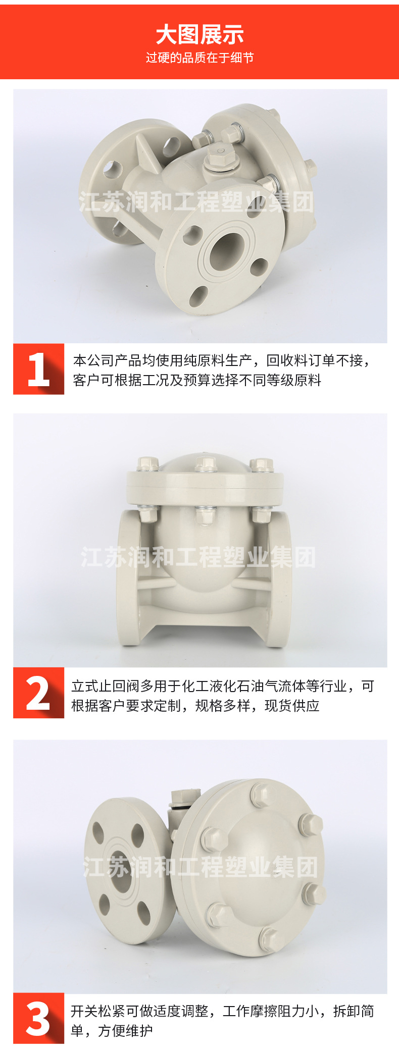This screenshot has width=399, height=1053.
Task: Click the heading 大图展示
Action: tap(199, 35)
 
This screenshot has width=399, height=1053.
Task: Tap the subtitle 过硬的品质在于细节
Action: tap(199, 58)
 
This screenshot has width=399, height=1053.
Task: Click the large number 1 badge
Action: tap(39, 369)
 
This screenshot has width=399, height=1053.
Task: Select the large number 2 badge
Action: tap(39, 693)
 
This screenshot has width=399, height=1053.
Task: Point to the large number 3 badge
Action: tap(39, 1018)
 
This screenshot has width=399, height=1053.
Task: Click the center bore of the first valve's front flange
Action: tap(227, 250)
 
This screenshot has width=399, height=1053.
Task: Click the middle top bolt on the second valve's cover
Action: tap(206, 464)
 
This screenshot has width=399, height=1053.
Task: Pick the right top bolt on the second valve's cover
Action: tap(261, 465)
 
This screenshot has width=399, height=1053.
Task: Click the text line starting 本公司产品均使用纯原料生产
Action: tap(221, 360)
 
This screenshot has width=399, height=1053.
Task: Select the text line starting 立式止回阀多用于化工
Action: tap(223, 686)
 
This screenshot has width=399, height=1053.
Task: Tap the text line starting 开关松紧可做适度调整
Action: tap(222, 1011)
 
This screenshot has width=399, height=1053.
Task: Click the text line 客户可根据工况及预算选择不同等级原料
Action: tap(197, 380)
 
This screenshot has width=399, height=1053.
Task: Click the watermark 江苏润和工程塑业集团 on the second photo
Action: tap(198, 557)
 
